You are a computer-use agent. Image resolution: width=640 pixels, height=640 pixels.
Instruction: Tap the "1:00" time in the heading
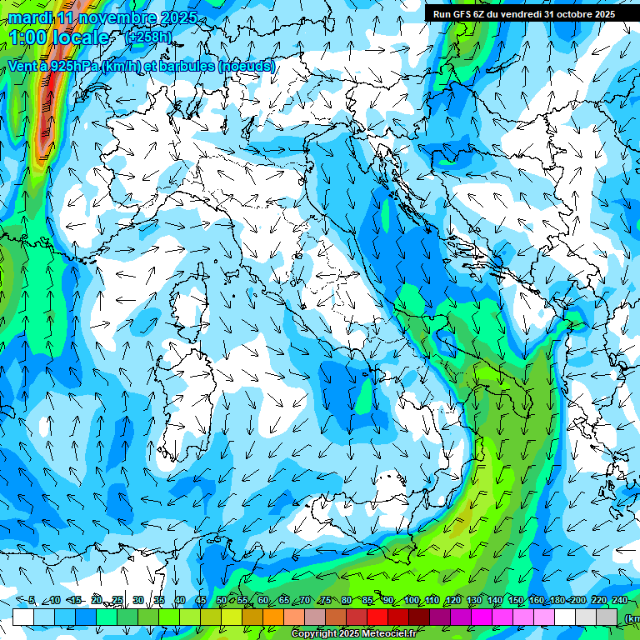28,37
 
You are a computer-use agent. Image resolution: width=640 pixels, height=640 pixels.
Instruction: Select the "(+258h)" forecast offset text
148,37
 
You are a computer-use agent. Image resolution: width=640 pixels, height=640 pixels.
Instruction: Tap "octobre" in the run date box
567,13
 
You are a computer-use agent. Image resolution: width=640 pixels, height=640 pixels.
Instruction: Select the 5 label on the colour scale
32,601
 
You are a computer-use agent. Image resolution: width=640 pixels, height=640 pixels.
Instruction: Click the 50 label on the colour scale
221,601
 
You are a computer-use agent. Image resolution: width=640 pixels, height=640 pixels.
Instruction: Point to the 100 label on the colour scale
412,601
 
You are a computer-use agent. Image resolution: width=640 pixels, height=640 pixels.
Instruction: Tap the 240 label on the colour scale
620,601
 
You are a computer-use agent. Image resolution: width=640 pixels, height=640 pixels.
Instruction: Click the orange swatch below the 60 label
273,617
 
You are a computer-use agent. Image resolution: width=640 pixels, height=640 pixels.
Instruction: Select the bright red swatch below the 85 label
377,617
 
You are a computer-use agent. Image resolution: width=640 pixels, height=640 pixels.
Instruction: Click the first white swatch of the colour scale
23,617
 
